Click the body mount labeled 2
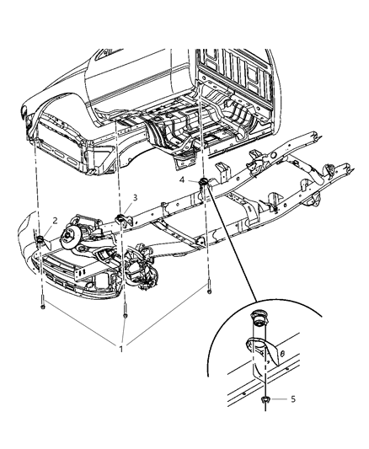coord(40,243)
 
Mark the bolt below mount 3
coord(125,317)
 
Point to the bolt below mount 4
coord(207,293)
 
